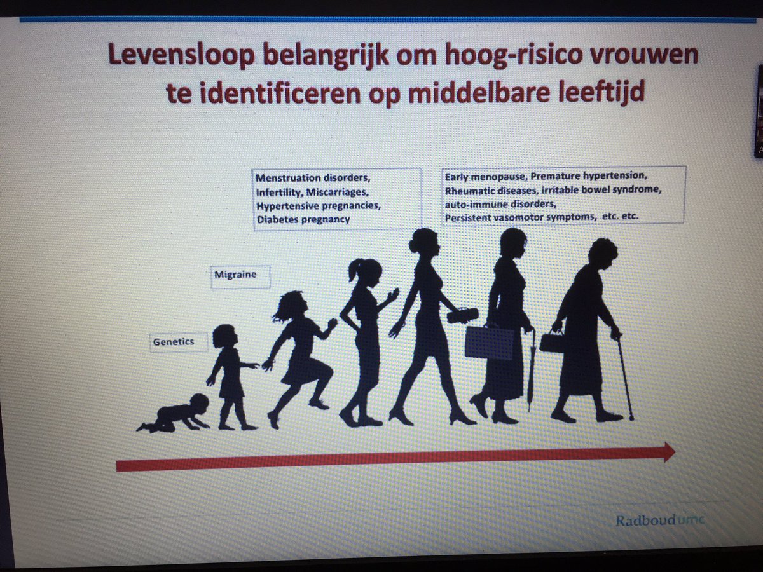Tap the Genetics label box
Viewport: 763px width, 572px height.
172,343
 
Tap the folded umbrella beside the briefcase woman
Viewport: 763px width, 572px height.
530,369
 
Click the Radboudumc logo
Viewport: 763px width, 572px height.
659,521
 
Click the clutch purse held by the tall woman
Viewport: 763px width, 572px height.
464,315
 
